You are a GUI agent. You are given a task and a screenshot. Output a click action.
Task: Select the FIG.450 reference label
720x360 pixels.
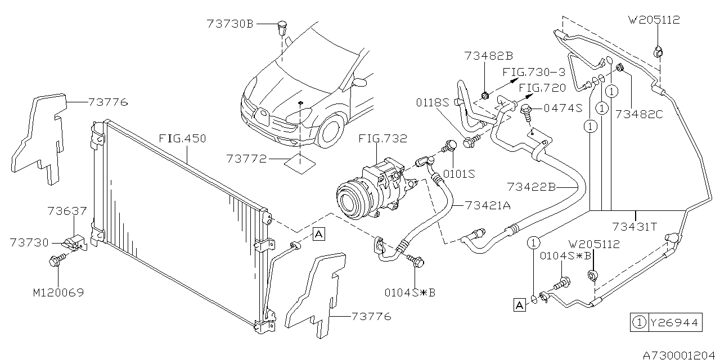point(182,138)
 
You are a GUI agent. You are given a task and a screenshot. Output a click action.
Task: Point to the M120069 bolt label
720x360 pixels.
point(59,294)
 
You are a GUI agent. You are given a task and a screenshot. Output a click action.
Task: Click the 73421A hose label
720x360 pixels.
point(488,205)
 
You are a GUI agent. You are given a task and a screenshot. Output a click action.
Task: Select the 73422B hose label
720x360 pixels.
point(530,186)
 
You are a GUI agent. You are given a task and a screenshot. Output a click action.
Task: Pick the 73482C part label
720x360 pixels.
point(639,114)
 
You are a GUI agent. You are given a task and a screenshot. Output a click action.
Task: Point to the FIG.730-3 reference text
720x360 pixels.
point(534,73)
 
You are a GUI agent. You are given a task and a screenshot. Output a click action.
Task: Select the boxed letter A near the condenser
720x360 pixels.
point(318,234)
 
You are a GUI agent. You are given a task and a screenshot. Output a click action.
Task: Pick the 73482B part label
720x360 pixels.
point(489,56)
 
